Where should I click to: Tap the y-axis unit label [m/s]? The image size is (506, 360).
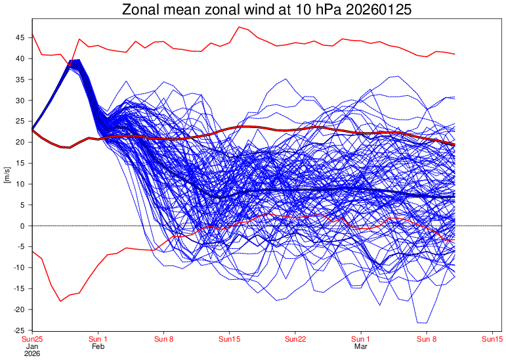[x=7, y=175]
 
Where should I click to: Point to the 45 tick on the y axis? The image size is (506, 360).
[x=20, y=38]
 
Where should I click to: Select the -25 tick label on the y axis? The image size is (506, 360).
[x=19, y=330]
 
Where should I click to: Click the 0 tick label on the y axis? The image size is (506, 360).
[x=23, y=226]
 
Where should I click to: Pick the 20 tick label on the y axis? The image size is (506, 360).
[x=20, y=143]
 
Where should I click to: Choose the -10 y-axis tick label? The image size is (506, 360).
[x=19, y=268]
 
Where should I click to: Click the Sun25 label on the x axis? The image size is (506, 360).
[x=32, y=339]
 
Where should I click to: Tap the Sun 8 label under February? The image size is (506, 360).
[x=163, y=339]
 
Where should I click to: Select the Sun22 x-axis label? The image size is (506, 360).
[x=295, y=339]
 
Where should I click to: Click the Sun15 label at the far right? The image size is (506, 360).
[x=492, y=339]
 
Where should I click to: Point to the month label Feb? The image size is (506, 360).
[x=98, y=346]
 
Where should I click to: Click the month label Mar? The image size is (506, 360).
[x=361, y=346]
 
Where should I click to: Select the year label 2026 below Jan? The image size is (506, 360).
[x=32, y=353]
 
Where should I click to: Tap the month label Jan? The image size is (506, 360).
[x=32, y=346]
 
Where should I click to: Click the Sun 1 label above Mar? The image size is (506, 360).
[x=361, y=339]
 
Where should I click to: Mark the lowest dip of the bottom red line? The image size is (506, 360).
[x=60, y=301]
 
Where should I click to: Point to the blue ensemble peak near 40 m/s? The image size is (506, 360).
[x=74, y=61]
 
